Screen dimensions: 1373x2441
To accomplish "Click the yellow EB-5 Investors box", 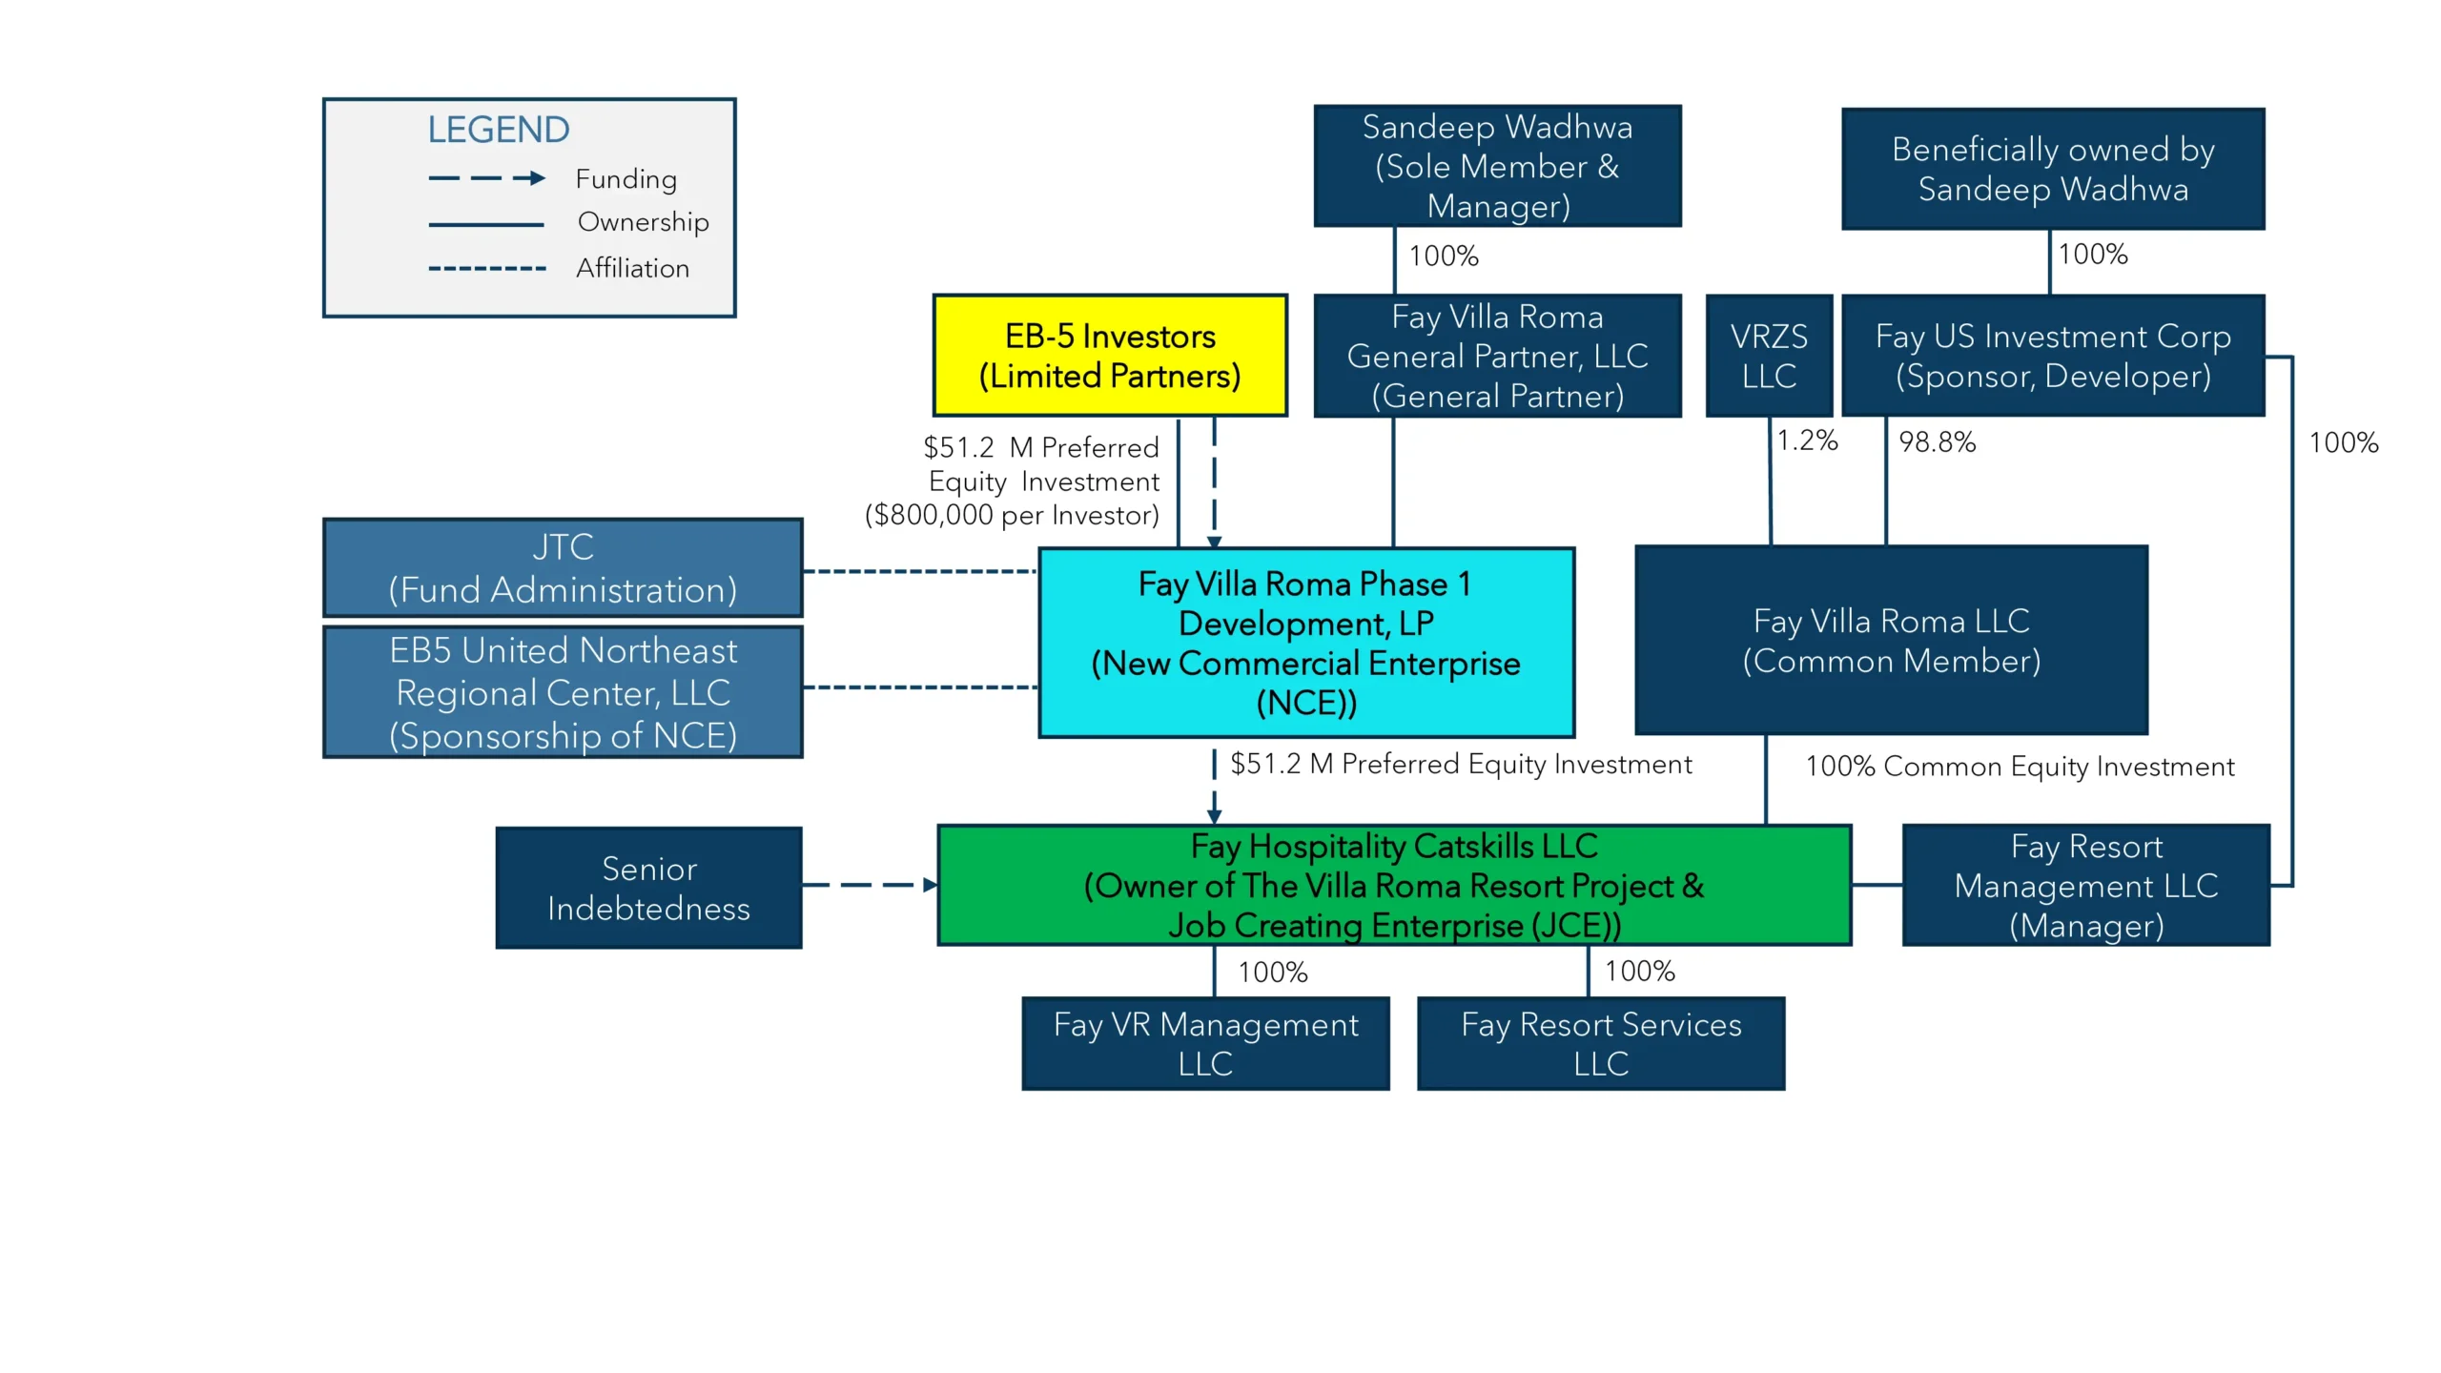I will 1110,356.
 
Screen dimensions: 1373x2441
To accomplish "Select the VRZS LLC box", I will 1769,356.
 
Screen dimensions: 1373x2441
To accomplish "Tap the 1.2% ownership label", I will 1807,441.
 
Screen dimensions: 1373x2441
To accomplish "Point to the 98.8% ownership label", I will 1937,442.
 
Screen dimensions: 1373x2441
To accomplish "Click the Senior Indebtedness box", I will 648,888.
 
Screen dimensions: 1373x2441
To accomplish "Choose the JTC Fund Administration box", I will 563,568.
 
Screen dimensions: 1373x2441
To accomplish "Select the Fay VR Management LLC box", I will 1205,1043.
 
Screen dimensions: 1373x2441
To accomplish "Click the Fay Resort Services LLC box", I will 1601,1043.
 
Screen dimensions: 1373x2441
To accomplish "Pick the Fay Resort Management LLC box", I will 2085,886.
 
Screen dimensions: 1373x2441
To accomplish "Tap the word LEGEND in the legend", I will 498,130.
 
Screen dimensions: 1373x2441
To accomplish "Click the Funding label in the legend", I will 626,179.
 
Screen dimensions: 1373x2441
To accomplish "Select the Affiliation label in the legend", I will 632,269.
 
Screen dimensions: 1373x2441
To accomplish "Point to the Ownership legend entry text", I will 643,222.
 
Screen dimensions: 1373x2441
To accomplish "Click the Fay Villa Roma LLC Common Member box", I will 1891,641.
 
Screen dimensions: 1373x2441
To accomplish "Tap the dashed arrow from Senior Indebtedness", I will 869,885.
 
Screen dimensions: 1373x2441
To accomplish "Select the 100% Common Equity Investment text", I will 2020,767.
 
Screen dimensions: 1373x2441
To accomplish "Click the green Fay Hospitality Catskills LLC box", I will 1394,886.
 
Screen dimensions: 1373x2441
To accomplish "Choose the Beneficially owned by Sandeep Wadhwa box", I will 2053,169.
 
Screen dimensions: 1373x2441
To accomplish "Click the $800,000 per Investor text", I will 1012,516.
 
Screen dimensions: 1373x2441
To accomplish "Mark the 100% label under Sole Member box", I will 1444,256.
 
